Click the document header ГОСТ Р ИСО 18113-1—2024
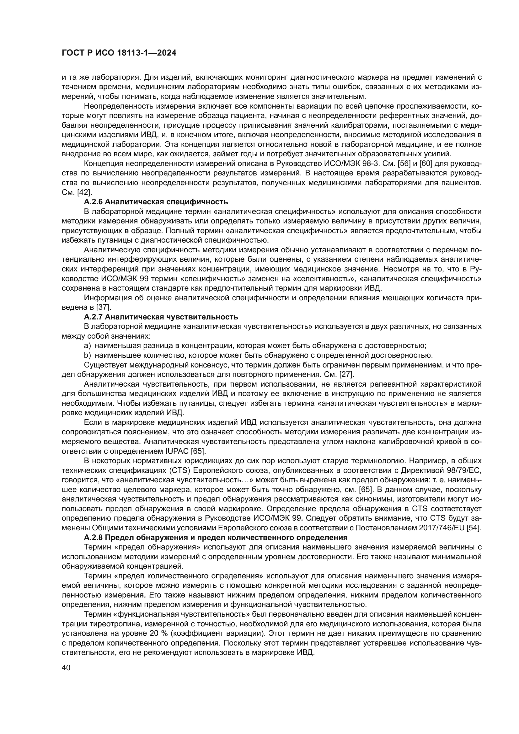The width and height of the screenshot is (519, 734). (119, 53)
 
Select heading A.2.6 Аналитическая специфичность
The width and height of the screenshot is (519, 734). (156, 202)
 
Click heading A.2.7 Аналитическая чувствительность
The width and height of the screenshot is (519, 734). (161, 317)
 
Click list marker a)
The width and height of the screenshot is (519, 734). (87, 346)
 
